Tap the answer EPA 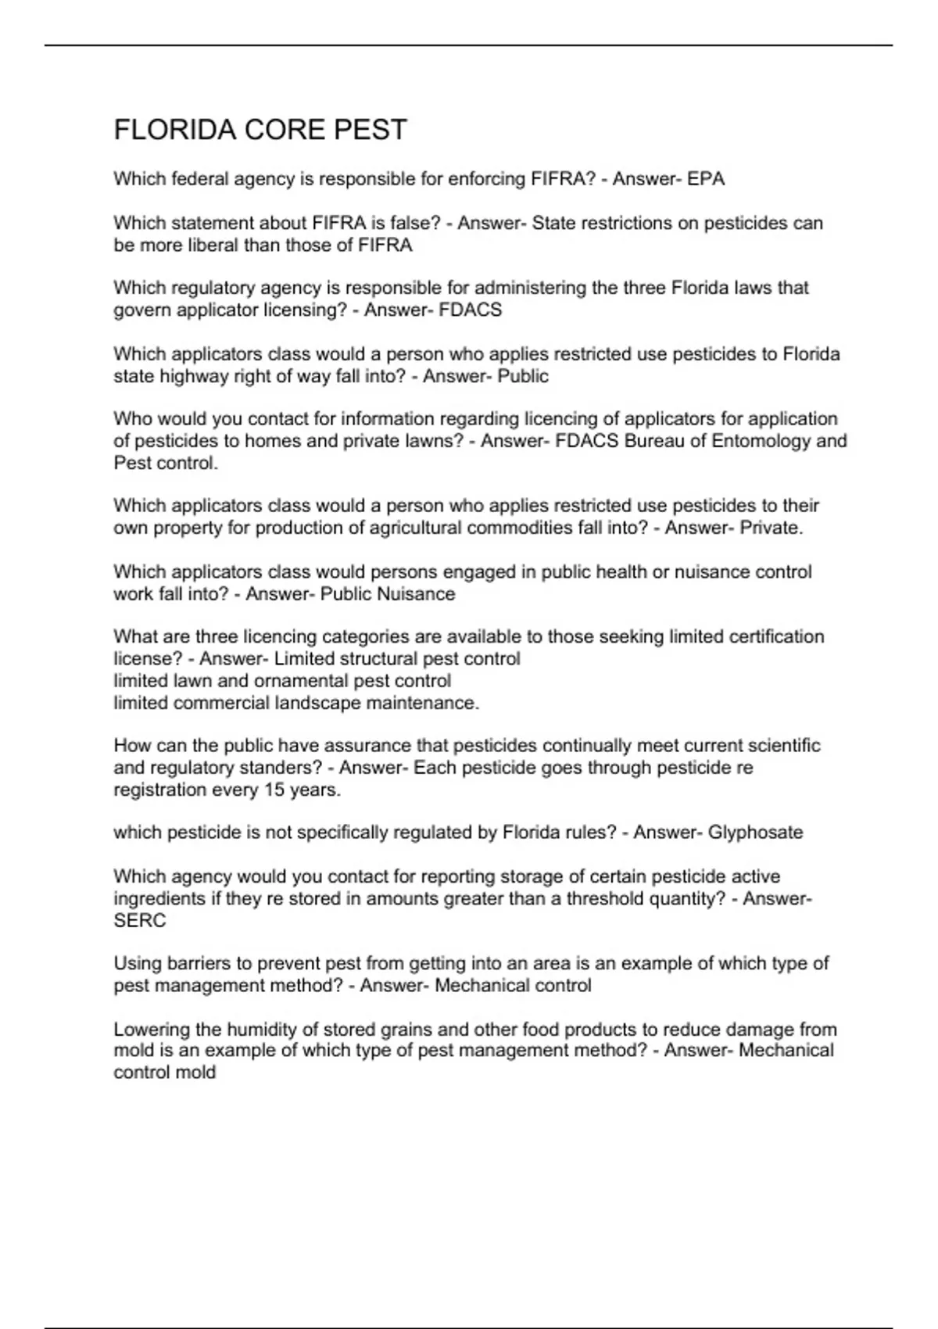pyautogui.click(x=706, y=179)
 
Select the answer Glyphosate pyautogui.click(x=755, y=833)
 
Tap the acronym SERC pyautogui.click(x=140, y=920)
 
